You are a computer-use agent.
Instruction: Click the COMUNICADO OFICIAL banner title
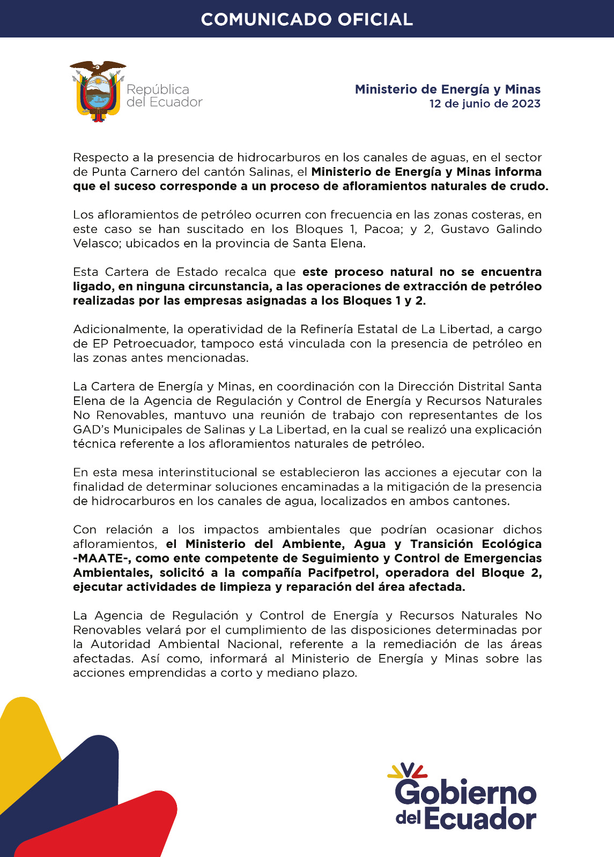tap(307, 19)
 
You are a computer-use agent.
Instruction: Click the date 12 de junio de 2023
tap(485, 104)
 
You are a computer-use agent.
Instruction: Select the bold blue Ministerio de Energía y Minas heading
tap(448, 89)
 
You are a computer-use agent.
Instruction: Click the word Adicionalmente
tap(119, 329)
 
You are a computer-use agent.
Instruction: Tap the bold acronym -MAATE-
tap(102, 558)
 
